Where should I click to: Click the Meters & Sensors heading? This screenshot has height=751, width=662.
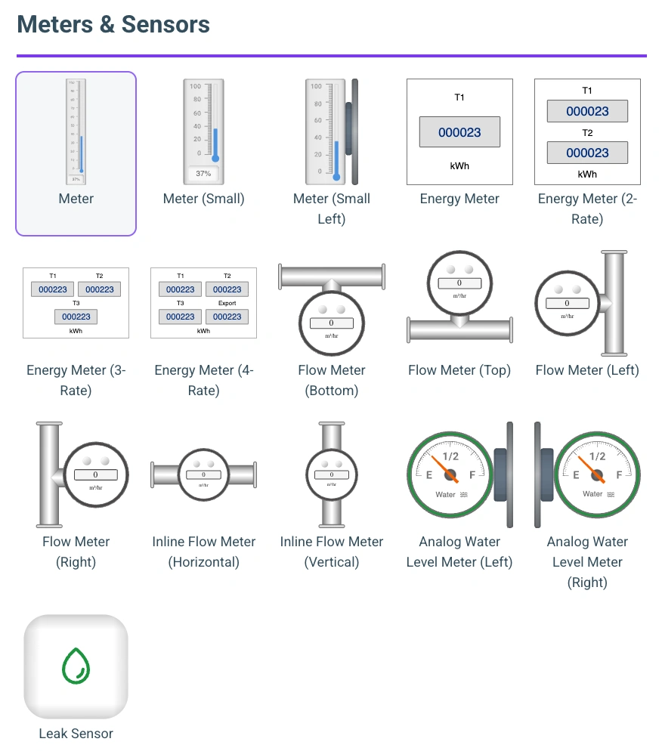[x=113, y=24]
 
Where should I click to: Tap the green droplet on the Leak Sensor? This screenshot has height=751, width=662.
[x=76, y=666]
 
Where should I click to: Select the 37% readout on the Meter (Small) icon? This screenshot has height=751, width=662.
[x=203, y=174]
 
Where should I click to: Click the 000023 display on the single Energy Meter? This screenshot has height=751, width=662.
[x=459, y=132]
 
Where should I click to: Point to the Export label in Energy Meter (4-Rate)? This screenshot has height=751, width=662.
[x=227, y=303]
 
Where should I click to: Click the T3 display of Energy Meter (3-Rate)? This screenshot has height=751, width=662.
[x=76, y=317]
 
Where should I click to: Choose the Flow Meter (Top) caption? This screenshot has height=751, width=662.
[x=459, y=370]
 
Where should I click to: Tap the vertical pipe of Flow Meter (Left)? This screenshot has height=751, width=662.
[x=614, y=303]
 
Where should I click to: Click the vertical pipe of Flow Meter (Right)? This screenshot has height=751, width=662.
[x=49, y=474]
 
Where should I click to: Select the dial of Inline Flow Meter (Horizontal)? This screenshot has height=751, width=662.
[x=203, y=474]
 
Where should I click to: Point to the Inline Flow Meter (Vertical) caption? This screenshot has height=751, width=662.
[x=332, y=552]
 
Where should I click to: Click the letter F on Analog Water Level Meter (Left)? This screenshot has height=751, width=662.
[x=473, y=474]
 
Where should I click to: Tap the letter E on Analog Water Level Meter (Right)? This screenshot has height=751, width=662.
[x=576, y=475]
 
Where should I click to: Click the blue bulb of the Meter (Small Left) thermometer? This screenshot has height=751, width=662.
[x=337, y=177]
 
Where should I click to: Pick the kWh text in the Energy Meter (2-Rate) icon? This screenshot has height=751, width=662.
[x=587, y=174]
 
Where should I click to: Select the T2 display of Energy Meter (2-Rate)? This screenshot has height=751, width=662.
[x=587, y=153]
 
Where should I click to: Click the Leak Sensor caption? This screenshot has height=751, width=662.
[x=76, y=734]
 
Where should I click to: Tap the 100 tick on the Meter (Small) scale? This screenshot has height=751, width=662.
[x=195, y=86]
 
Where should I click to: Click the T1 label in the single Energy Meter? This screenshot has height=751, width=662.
[x=459, y=97]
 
